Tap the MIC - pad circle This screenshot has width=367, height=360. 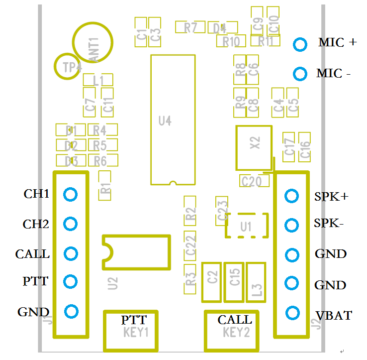click(x=300, y=74)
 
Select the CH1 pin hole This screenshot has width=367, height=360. click(x=71, y=194)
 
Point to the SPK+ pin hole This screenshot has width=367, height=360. click(x=291, y=196)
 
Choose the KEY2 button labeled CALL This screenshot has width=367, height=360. click(x=233, y=330)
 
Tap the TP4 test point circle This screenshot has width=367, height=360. click(x=67, y=66)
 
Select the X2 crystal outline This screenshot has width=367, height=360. click(x=255, y=147)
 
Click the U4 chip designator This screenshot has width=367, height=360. click(x=165, y=120)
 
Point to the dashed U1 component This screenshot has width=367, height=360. click(x=247, y=226)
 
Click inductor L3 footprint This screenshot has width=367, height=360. click(x=257, y=282)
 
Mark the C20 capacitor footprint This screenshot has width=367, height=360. click(x=251, y=181)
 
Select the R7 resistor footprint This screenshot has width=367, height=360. click(x=190, y=27)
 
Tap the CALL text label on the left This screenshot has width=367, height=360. click(x=32, y=254)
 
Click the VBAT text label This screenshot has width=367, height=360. click(x=334, y=315)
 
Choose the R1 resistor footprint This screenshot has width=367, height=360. click(x=105, y=186)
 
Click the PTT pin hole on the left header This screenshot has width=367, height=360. click(x=71, y=282)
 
